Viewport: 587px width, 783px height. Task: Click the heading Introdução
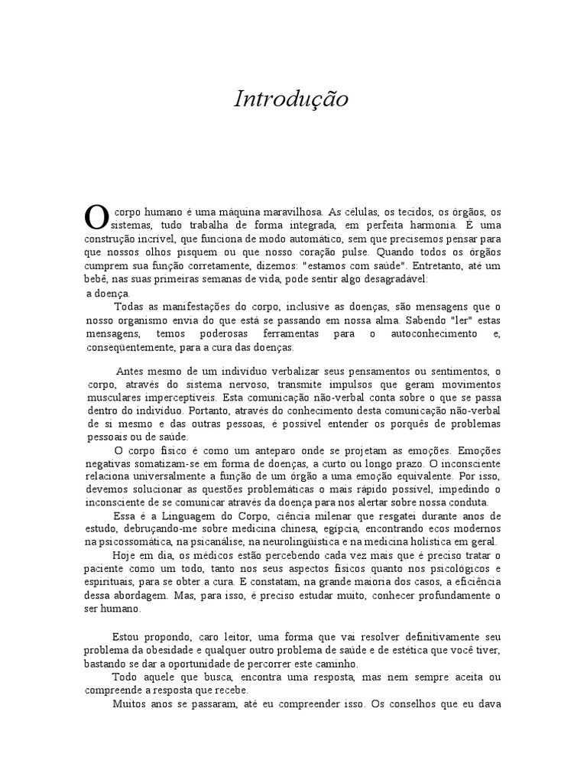click(x=290, y=100)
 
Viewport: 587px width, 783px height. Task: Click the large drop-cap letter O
click(x=96, y=216)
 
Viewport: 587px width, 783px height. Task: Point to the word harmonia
click(x=433, y=225)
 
